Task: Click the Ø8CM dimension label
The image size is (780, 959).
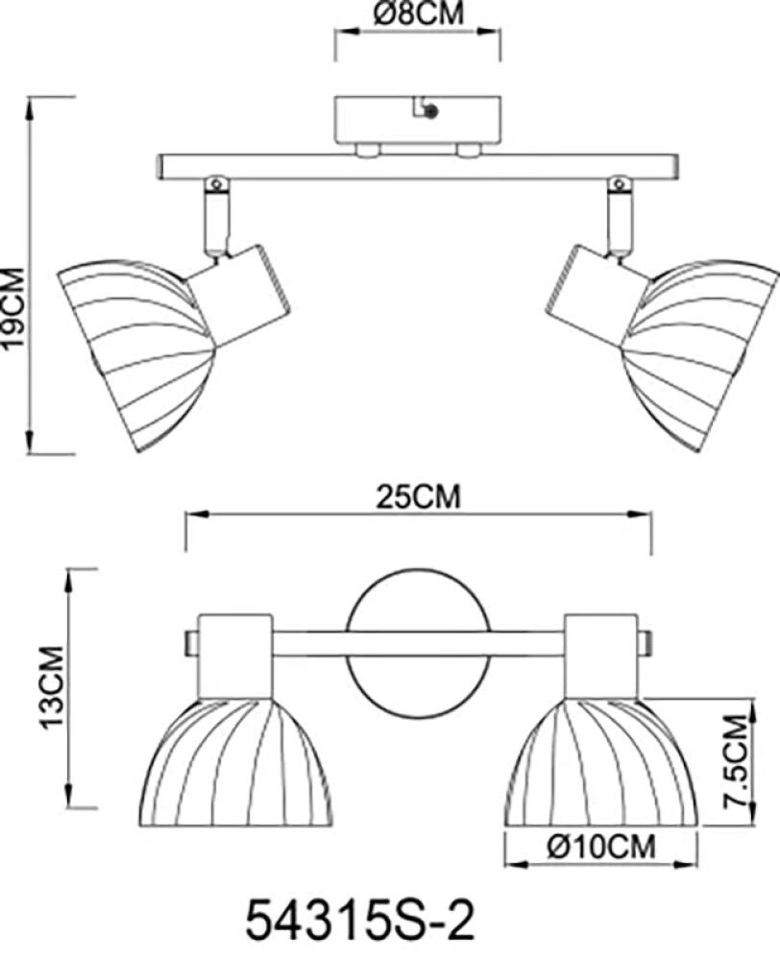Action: (418, 12)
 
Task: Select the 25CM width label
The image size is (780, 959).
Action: (418, 497)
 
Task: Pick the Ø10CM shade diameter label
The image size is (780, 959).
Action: (601, 847)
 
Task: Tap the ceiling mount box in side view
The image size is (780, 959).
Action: (418, 120)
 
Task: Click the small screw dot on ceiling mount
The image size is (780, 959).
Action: (431, 112)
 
